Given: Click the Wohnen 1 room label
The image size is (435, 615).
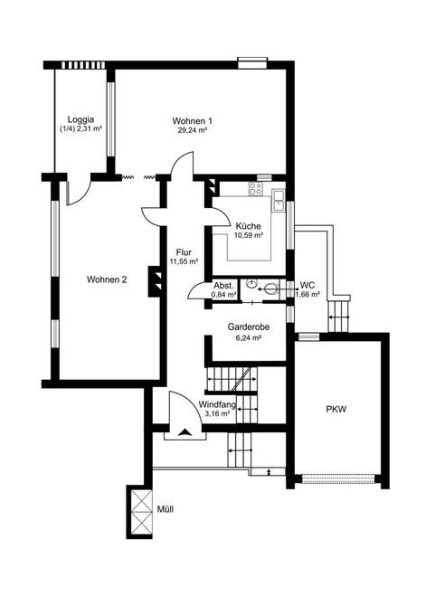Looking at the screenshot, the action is pyautogui.click(x=193, y=121).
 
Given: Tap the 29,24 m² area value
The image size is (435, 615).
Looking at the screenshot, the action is pyautogui.click(x=193, y=130).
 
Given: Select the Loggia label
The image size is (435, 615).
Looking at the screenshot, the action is pyautogui.click(x=80, y=119).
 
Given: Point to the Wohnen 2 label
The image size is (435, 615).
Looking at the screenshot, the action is pyautogui.click(x=107, y=279).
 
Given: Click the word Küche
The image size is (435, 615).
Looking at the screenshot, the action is pyautogui.click(x=248, y=226).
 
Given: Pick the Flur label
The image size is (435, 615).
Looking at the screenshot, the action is pyautogui.click(x=184, y=252).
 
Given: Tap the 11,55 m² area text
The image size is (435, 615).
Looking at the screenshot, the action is pyautogui.click(x=184, y=261).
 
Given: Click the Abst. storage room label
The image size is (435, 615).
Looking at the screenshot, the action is pyautogui.click(x=223, y=286).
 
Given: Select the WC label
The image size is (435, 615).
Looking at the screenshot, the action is pyautogui.click(x=307, y=285).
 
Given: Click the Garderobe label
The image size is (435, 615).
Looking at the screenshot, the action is pyautogui.click(x=249, y=326).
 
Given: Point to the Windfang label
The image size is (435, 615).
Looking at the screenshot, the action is pyautogui.click(x=217, y=404).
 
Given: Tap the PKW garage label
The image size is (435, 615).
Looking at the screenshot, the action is pyautogui.click(x=336, y=410).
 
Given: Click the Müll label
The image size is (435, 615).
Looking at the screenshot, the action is pyautogui.click(x=165, y=509).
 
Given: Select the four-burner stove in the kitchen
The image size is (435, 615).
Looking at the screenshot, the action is pyautogui.click(x=257, y=189).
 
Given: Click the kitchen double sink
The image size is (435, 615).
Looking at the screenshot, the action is pyautogui.click(x=279, y=200).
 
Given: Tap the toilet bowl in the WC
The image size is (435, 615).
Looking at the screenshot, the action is pyautogui.click(x=271, y=289).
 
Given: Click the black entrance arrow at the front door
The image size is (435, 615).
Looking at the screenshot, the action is pyautogui.click(x=184, y=432).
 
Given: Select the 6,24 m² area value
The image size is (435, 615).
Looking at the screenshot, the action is pyautogui.click(x=249, y=337).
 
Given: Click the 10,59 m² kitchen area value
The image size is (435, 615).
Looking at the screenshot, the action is pyautogui.click(x=249, y=236).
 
